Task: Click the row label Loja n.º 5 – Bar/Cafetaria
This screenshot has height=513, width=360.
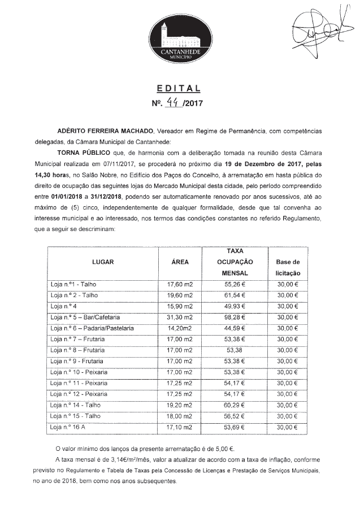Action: pos(85,317)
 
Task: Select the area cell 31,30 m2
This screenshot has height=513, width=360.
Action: pos(180,317)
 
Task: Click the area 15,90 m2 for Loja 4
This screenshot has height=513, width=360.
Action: pos(180,306)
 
